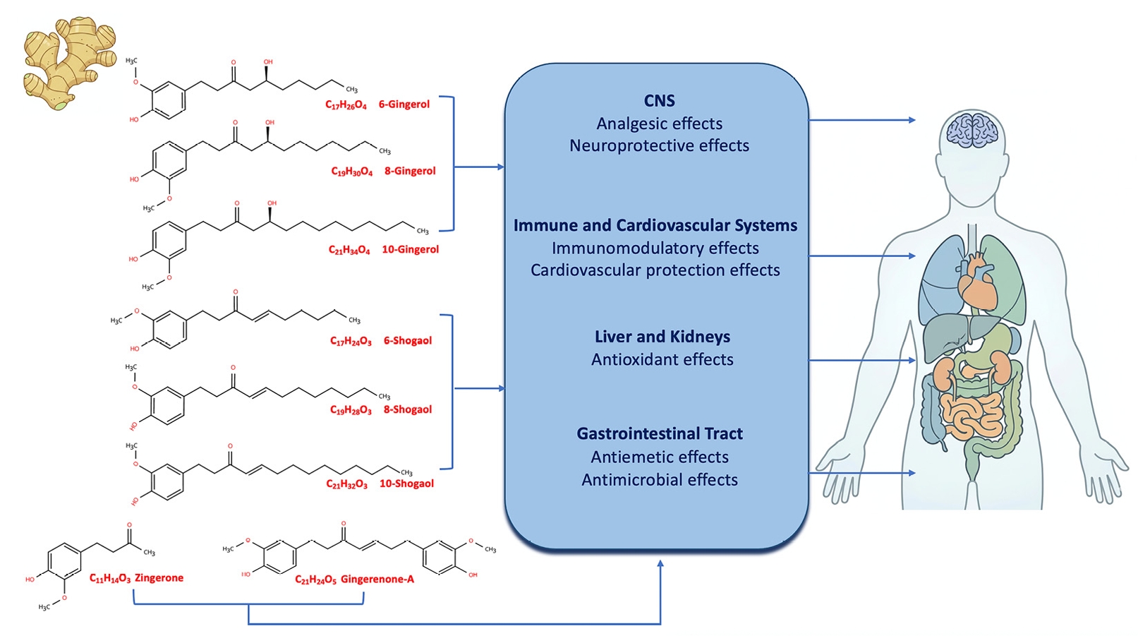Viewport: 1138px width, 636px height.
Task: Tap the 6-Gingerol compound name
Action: click(404, 104)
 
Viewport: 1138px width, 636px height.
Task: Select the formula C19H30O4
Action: click(351, 172)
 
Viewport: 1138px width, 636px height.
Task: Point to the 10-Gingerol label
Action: click(410, 249)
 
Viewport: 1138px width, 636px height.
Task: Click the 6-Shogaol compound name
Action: click(407, 340)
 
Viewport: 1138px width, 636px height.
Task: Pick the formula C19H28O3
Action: click(351, 410)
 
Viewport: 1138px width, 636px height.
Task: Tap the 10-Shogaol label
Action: click(406, 484)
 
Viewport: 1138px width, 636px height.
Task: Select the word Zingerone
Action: click(159, 578)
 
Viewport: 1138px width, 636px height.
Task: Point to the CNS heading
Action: click(659, 101)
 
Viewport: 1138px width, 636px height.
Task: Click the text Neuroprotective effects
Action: click(659, 145)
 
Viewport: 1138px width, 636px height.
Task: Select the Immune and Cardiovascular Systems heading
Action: click(655, 225)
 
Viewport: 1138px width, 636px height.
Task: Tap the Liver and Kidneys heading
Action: click(662, 337)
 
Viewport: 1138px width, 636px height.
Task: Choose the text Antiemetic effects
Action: click(659, 457)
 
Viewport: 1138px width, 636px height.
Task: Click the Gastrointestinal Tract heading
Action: click(659, 433)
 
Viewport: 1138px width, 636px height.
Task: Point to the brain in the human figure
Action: click(972, 131)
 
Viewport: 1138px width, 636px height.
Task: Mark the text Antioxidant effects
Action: click(662, 359)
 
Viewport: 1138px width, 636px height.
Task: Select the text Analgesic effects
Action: click(659, 124)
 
